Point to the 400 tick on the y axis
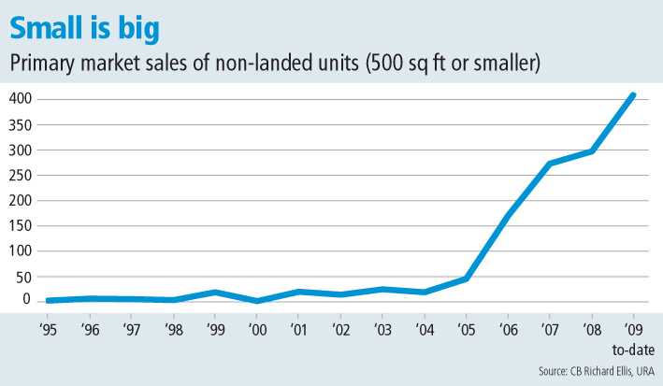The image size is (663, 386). pos(22,99)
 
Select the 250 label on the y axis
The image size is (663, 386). pos(22,175)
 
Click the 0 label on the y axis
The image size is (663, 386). pos(29,299)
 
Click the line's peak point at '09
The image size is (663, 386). pos(633,95)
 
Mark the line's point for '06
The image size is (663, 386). pos(508,214)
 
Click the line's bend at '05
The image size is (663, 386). pos(466,278)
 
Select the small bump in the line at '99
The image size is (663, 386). pos(215,292)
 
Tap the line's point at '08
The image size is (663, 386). pos(592,150)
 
